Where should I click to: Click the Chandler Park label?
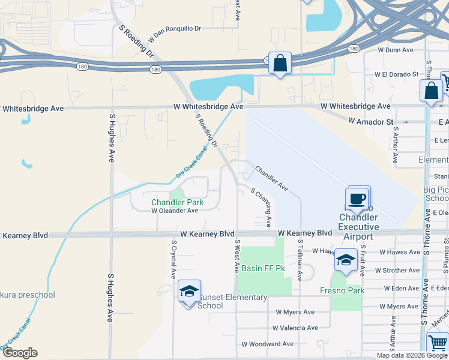tap(177, 202)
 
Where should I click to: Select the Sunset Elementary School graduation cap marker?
tap(189, 292)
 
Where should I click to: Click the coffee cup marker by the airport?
tap(357, 199)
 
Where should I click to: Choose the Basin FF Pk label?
tap(264, 268)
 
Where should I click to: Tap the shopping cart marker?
tap(438, 344)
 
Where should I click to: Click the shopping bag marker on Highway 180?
tap(280, 63)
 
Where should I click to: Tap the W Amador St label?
tap(371, 121)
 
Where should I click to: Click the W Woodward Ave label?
tap(268, 344)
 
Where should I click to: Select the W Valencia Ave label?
tap(295, 328)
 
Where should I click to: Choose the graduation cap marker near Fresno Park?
tap(346, 260)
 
